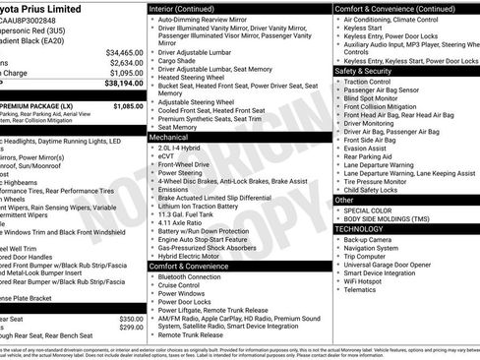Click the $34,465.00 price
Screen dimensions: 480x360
point(125,51)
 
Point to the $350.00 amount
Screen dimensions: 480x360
point(130,319)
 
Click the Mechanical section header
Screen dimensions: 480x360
point(169,138)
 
